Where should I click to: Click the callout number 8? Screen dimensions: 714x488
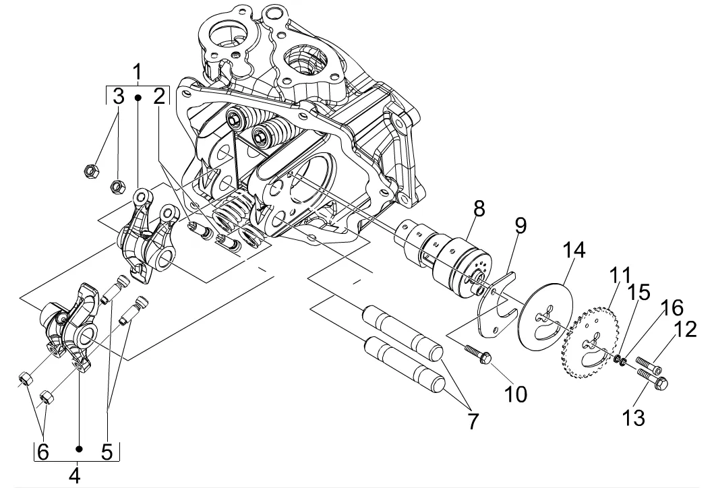point(479,208)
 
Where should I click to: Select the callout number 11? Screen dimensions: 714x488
point(621,276)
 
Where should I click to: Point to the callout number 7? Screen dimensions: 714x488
point(473,421)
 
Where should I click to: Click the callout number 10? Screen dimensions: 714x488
point(516,394)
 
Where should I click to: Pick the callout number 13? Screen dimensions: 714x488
point(634,417)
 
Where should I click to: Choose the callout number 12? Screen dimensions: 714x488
point(686,329)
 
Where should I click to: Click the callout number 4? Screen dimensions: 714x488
point(75,475)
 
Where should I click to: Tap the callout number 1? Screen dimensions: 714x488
point(137,72)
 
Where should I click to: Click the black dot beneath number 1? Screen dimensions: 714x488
point(138,98)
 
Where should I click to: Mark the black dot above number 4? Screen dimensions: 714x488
point(80,449)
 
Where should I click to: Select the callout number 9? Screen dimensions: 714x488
point(520,226)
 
